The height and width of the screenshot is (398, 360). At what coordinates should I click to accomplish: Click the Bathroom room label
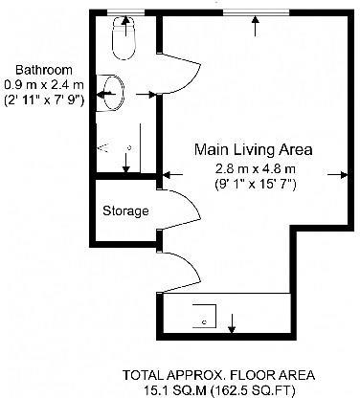44,70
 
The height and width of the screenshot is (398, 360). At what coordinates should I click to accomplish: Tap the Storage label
125,210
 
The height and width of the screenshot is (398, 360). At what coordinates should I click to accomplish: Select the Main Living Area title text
254,149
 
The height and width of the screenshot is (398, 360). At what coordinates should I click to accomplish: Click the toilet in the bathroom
124,37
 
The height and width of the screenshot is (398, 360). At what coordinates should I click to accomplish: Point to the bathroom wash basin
110,93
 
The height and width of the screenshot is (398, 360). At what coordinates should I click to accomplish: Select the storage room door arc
192,209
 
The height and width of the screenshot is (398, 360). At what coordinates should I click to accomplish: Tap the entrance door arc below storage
192,272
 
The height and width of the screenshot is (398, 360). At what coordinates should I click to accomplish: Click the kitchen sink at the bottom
204,316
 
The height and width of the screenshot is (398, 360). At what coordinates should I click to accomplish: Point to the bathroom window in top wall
125,12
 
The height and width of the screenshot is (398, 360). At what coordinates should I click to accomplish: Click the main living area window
256,12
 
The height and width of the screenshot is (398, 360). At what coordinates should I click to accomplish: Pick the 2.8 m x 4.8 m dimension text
256,168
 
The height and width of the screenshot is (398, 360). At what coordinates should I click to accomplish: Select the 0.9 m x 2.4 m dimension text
44,85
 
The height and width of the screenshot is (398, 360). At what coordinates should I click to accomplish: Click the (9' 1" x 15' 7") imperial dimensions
256,185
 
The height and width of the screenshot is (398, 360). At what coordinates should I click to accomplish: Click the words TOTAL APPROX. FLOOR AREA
219,375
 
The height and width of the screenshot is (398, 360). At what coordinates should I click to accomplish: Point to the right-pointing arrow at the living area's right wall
338,175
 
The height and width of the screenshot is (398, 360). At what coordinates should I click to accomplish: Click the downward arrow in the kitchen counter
232,323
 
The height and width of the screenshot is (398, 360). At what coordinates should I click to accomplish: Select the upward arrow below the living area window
255,26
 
